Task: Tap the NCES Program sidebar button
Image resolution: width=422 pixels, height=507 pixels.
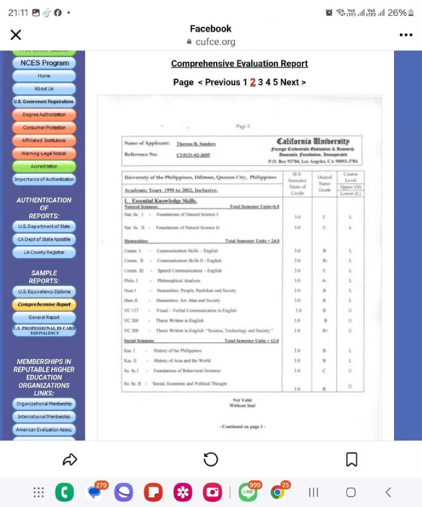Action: [x=44, y=63]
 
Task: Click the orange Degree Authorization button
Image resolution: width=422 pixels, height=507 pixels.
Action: [x=44, y=115]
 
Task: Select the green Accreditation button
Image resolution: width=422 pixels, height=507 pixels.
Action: [x=44, y=166]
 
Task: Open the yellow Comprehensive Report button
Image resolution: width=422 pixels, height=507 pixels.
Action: [x=44, y=304]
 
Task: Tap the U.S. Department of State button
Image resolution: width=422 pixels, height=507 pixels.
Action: [x=44, y=226]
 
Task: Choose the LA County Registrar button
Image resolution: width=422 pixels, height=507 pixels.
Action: [x=44, y=252]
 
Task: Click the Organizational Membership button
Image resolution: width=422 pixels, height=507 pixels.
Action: [x=44, y=404]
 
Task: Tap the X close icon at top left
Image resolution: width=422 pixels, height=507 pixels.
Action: [x=16, y=35]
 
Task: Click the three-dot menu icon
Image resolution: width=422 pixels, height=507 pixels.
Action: [x=406, y=35]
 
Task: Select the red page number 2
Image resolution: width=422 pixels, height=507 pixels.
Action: [x=252, y=82]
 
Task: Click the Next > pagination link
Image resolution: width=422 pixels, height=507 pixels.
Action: [x=293, y=82]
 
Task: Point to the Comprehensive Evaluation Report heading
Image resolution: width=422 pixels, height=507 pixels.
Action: [x=239, y=64]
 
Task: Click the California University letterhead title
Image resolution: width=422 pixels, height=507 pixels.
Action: [x=313, y=141]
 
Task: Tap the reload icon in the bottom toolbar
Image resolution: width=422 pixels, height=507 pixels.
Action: [x=211, y=459]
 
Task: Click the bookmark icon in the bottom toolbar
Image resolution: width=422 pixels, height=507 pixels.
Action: [x=351, y=459]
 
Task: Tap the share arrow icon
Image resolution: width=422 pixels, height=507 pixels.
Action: [x=70, y=459]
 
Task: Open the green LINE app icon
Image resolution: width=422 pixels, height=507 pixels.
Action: [x=248, y=492]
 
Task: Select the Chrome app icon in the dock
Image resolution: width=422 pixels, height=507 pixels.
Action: [x=278, y=492]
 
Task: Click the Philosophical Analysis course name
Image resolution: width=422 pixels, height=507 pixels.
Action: [x=179, y=281]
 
